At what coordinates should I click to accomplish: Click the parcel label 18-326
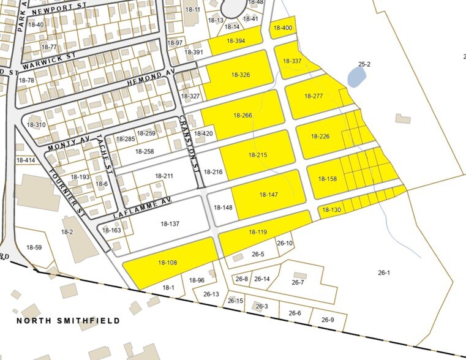[240, 75]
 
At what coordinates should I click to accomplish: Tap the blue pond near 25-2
[356, 77]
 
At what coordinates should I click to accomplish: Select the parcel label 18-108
[167, 263]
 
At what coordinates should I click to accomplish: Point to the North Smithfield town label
[68, 320]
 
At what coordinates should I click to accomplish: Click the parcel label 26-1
[384, 272]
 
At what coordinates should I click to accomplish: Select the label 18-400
[282, 28]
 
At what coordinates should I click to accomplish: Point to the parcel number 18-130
[331, 211]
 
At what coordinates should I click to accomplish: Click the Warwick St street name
[48, 59]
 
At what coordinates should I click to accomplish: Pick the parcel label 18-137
[169, 224]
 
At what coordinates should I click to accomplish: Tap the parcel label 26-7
[298, 283]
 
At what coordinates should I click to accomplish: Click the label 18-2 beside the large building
[67, 232]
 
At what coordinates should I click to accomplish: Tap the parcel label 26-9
[328, 320]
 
